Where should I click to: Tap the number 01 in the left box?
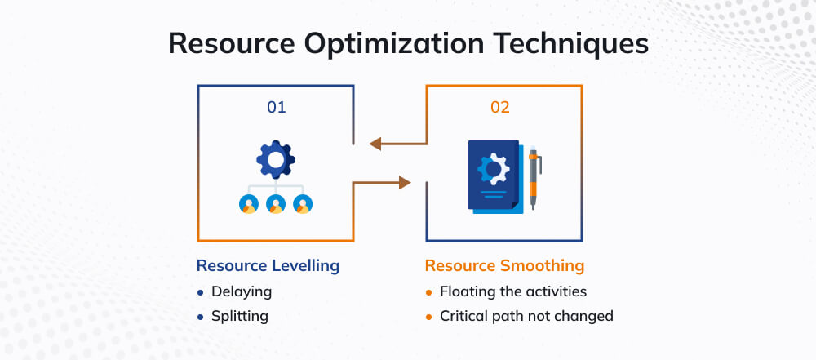(x=277, y=107)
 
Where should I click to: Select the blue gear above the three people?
(x=276, y=160)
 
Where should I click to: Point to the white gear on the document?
(x=492, y=169)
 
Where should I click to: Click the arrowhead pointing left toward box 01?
(x=376, y=144)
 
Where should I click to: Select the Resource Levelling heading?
(x=268, y=266)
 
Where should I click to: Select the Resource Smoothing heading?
(x=504, y=266)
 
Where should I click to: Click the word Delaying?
(x=242, y=291)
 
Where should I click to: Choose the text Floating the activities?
(x=513, y=291)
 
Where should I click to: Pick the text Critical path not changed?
(x=526, y=316)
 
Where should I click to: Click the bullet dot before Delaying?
(x=201, y=291)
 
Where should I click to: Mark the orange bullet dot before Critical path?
(x=429, y=317)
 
